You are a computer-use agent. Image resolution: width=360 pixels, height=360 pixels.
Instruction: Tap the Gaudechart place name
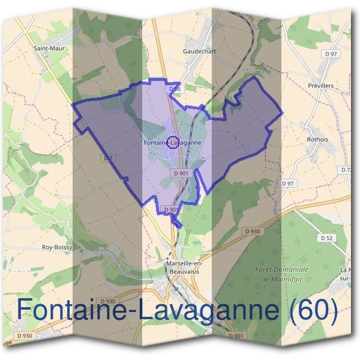199,52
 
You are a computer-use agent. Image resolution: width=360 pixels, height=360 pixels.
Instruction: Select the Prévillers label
320,86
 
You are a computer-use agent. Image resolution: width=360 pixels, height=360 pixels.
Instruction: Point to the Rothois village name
317,140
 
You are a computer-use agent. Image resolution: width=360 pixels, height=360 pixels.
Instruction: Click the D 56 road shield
175,89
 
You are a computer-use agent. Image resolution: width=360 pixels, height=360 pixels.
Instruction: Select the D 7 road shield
108,158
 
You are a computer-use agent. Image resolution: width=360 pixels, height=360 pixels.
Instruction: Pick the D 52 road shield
326,238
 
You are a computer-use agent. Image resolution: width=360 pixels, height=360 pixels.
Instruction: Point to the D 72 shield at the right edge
347,170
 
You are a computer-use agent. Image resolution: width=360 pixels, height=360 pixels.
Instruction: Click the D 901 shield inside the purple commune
181,173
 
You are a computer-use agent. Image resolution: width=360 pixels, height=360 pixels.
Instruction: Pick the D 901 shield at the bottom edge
237,335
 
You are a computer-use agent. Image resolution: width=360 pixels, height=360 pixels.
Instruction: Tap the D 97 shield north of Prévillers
331,54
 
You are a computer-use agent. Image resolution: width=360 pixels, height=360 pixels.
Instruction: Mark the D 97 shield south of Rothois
289,183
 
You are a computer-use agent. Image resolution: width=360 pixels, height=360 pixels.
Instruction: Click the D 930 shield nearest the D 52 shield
253,231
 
